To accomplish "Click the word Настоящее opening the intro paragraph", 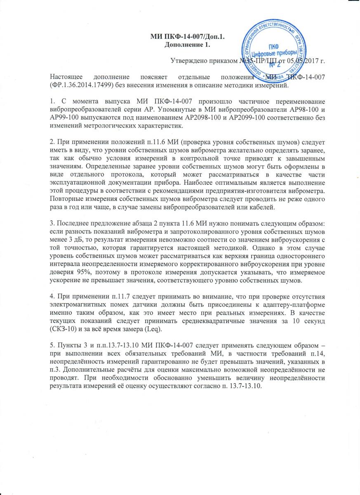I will coord(66,78).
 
